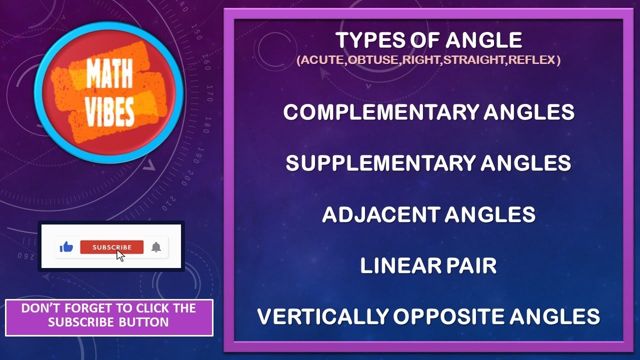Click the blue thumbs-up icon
pos(66,247)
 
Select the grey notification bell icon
pos(156,247)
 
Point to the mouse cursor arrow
pos(120,255)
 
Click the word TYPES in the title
pos(362,40)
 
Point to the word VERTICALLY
pos(322,317)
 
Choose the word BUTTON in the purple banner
pos(144,322)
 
